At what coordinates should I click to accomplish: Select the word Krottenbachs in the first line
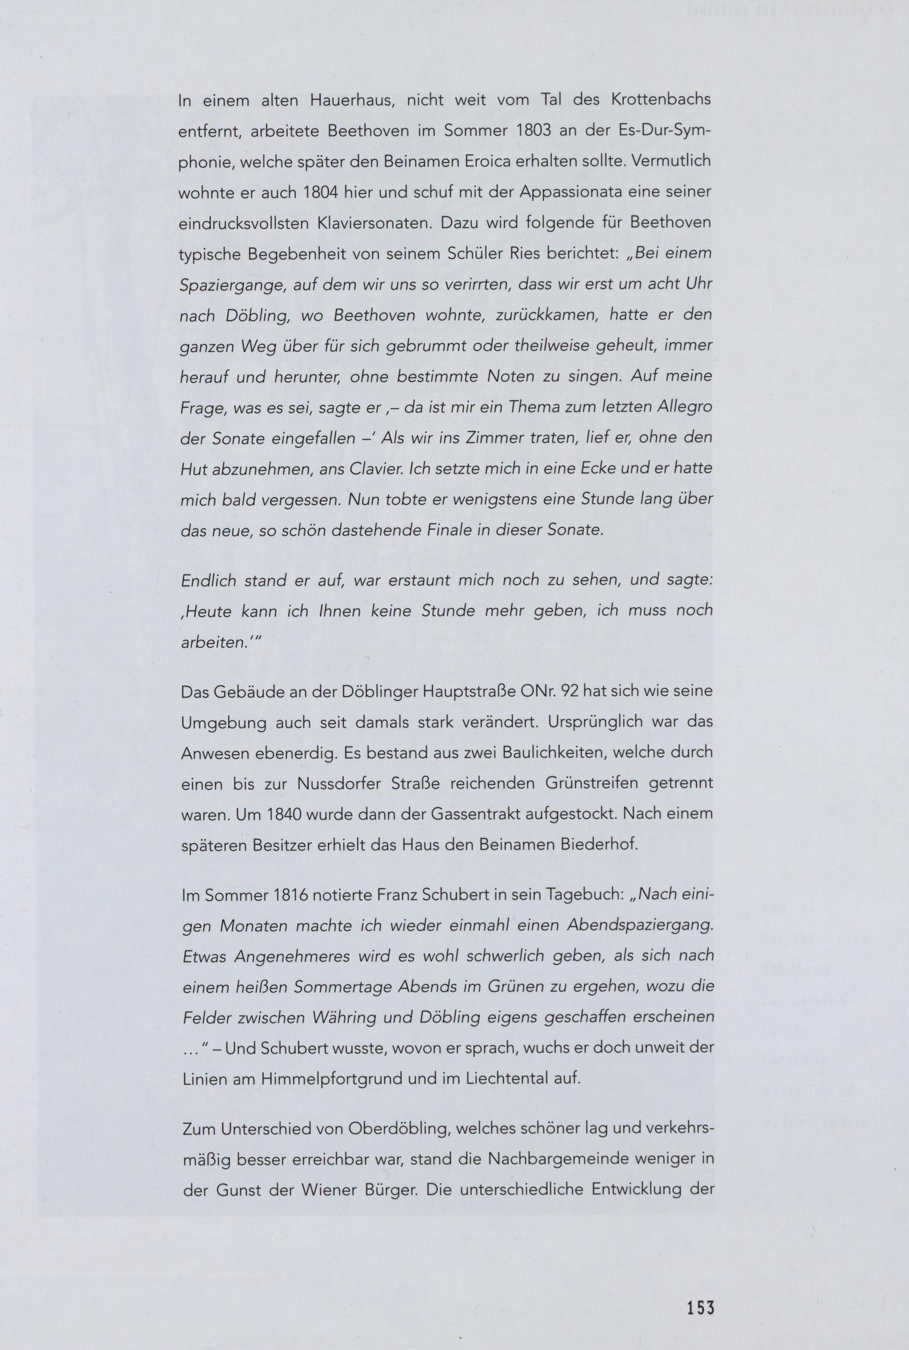(x=660, y=100)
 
